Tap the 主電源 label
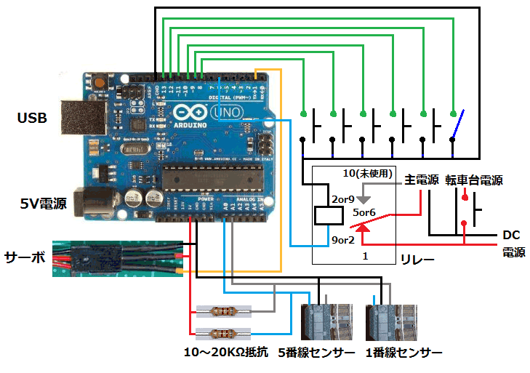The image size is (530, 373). [421, 180]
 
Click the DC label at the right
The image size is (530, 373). [511, 235]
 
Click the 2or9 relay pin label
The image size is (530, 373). [342, 198]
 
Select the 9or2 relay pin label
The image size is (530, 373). [342, 239]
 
